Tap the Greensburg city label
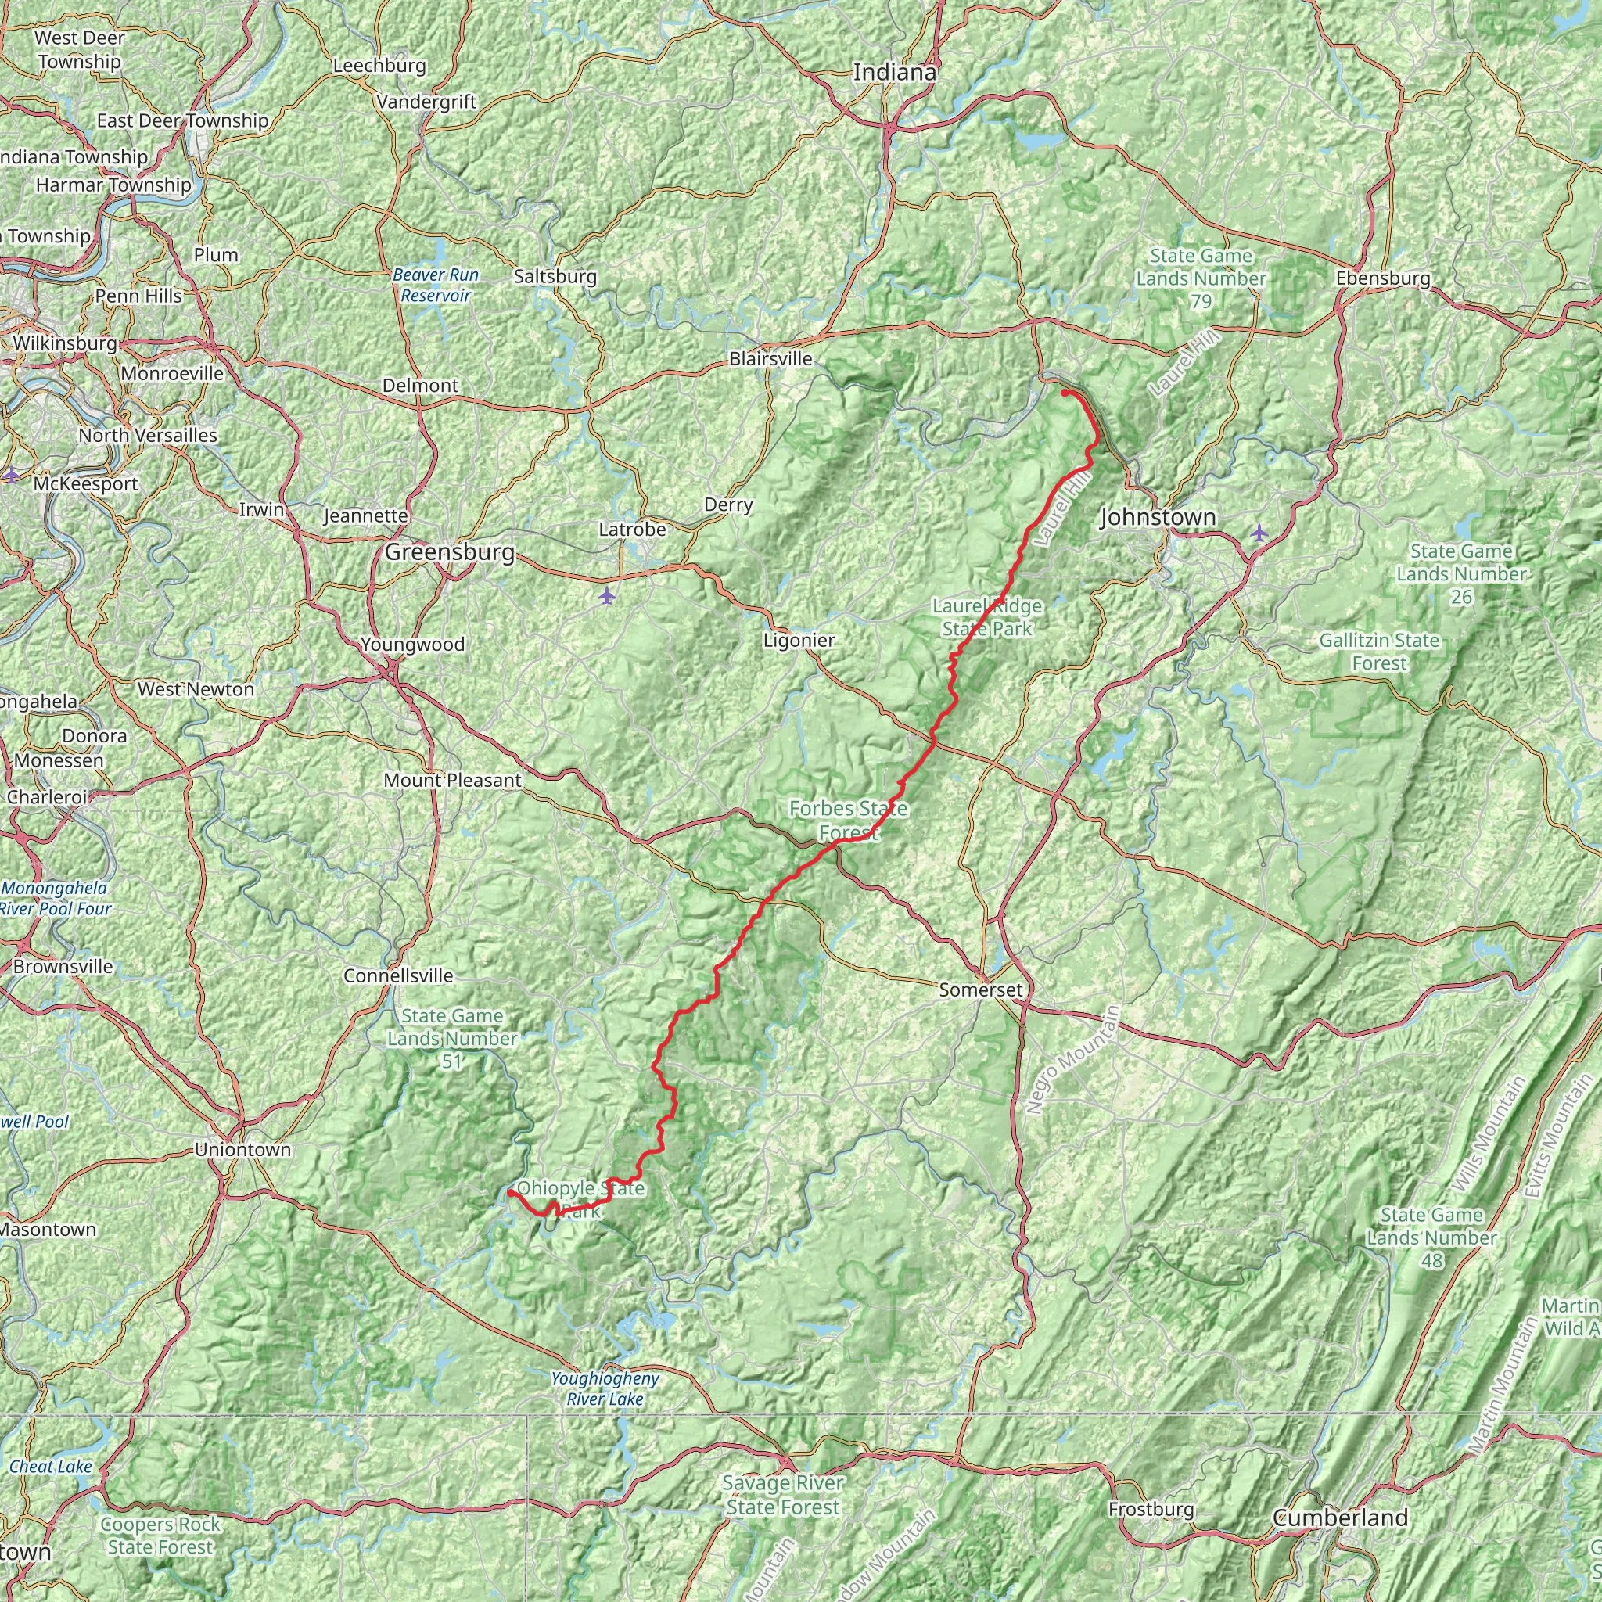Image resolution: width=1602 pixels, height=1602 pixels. coord(450,552)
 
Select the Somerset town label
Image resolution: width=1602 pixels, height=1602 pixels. coord(981,990)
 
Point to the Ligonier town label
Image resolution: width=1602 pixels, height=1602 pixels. coord(799,640)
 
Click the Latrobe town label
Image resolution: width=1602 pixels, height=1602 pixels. coord(632,529)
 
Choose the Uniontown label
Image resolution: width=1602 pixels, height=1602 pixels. coord(243,1149)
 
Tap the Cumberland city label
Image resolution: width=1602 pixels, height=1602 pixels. coord(1340,1518)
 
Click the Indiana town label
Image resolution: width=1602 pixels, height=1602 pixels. coord(895,72)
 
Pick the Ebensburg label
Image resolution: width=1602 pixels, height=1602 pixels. coord(1383,278)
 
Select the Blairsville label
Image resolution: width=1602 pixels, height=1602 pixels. coord(770,359)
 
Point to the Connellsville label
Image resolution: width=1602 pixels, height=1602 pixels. coord(398,975)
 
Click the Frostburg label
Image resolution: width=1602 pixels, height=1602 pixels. coord(1151,1509)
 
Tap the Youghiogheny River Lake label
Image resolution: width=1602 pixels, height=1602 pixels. coord(605,1389)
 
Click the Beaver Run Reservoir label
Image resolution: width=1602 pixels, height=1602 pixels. coord(436,285)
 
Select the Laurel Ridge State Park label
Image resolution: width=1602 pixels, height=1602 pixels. coord(986,618)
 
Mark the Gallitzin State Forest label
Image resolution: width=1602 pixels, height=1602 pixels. coord(1379,652)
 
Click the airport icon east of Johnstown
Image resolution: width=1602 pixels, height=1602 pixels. coord(1259,531)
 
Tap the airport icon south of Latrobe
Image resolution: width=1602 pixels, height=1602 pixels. coord(608,595)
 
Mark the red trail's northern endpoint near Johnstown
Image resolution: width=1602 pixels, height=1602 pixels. coord(1064,392)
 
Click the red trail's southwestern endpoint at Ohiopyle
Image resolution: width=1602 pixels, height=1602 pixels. coord(511,1192)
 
